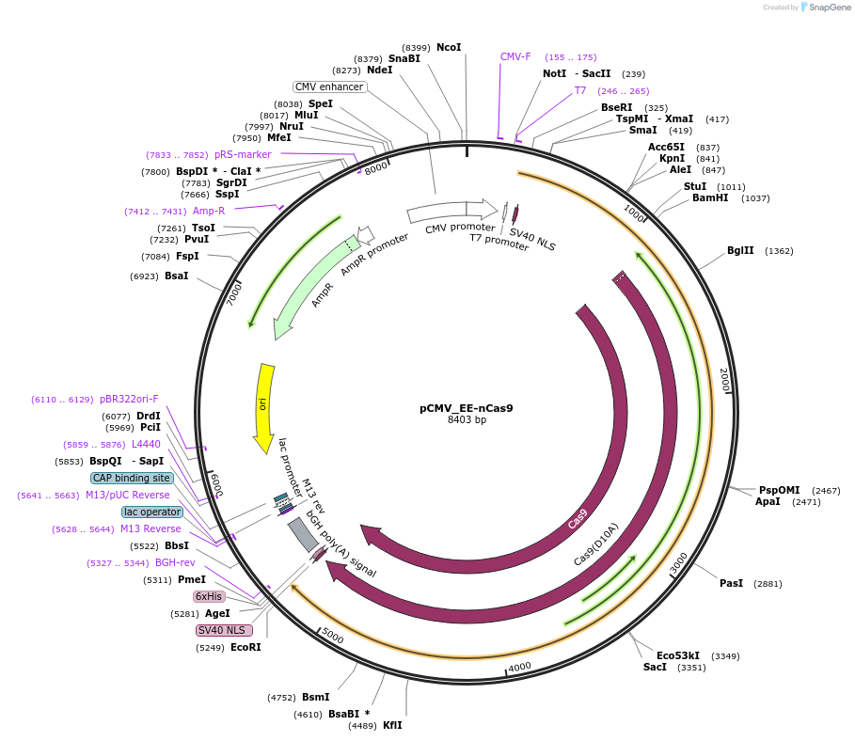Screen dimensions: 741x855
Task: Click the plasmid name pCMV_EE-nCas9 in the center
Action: pyautogui.click(x=466, y=408)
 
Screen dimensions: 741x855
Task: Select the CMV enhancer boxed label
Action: pyautogui.click(x=329, y=87)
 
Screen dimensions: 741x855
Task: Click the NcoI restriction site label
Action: pyautogui.click(x=449, y=47)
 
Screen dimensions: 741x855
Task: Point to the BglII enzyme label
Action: pyautogui.click(x=740, y=251)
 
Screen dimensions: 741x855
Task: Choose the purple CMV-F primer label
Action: pyautogui.click(x=515, y=56)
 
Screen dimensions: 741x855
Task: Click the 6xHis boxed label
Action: pyautogui.click(x=209, y=597)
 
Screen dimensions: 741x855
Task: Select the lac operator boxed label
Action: pyautogui.click(x=151, y=512)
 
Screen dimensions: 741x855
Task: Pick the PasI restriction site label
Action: pyautogui.click(x=731, y=583)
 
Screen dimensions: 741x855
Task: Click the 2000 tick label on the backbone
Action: pyautogui.click(x=724, y=381)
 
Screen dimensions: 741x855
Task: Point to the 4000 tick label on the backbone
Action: pyautogui.click(x=519, y=667)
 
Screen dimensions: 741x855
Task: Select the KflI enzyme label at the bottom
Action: pyautogui.click(x=392, y=725)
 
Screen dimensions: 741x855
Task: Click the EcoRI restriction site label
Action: pyautogui.click(x=245, y=647)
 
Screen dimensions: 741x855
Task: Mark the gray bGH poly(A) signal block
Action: pyautogui.click(x=303, y=533)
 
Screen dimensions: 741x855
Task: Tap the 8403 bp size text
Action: pyautogui.click(x=467, y=420)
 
